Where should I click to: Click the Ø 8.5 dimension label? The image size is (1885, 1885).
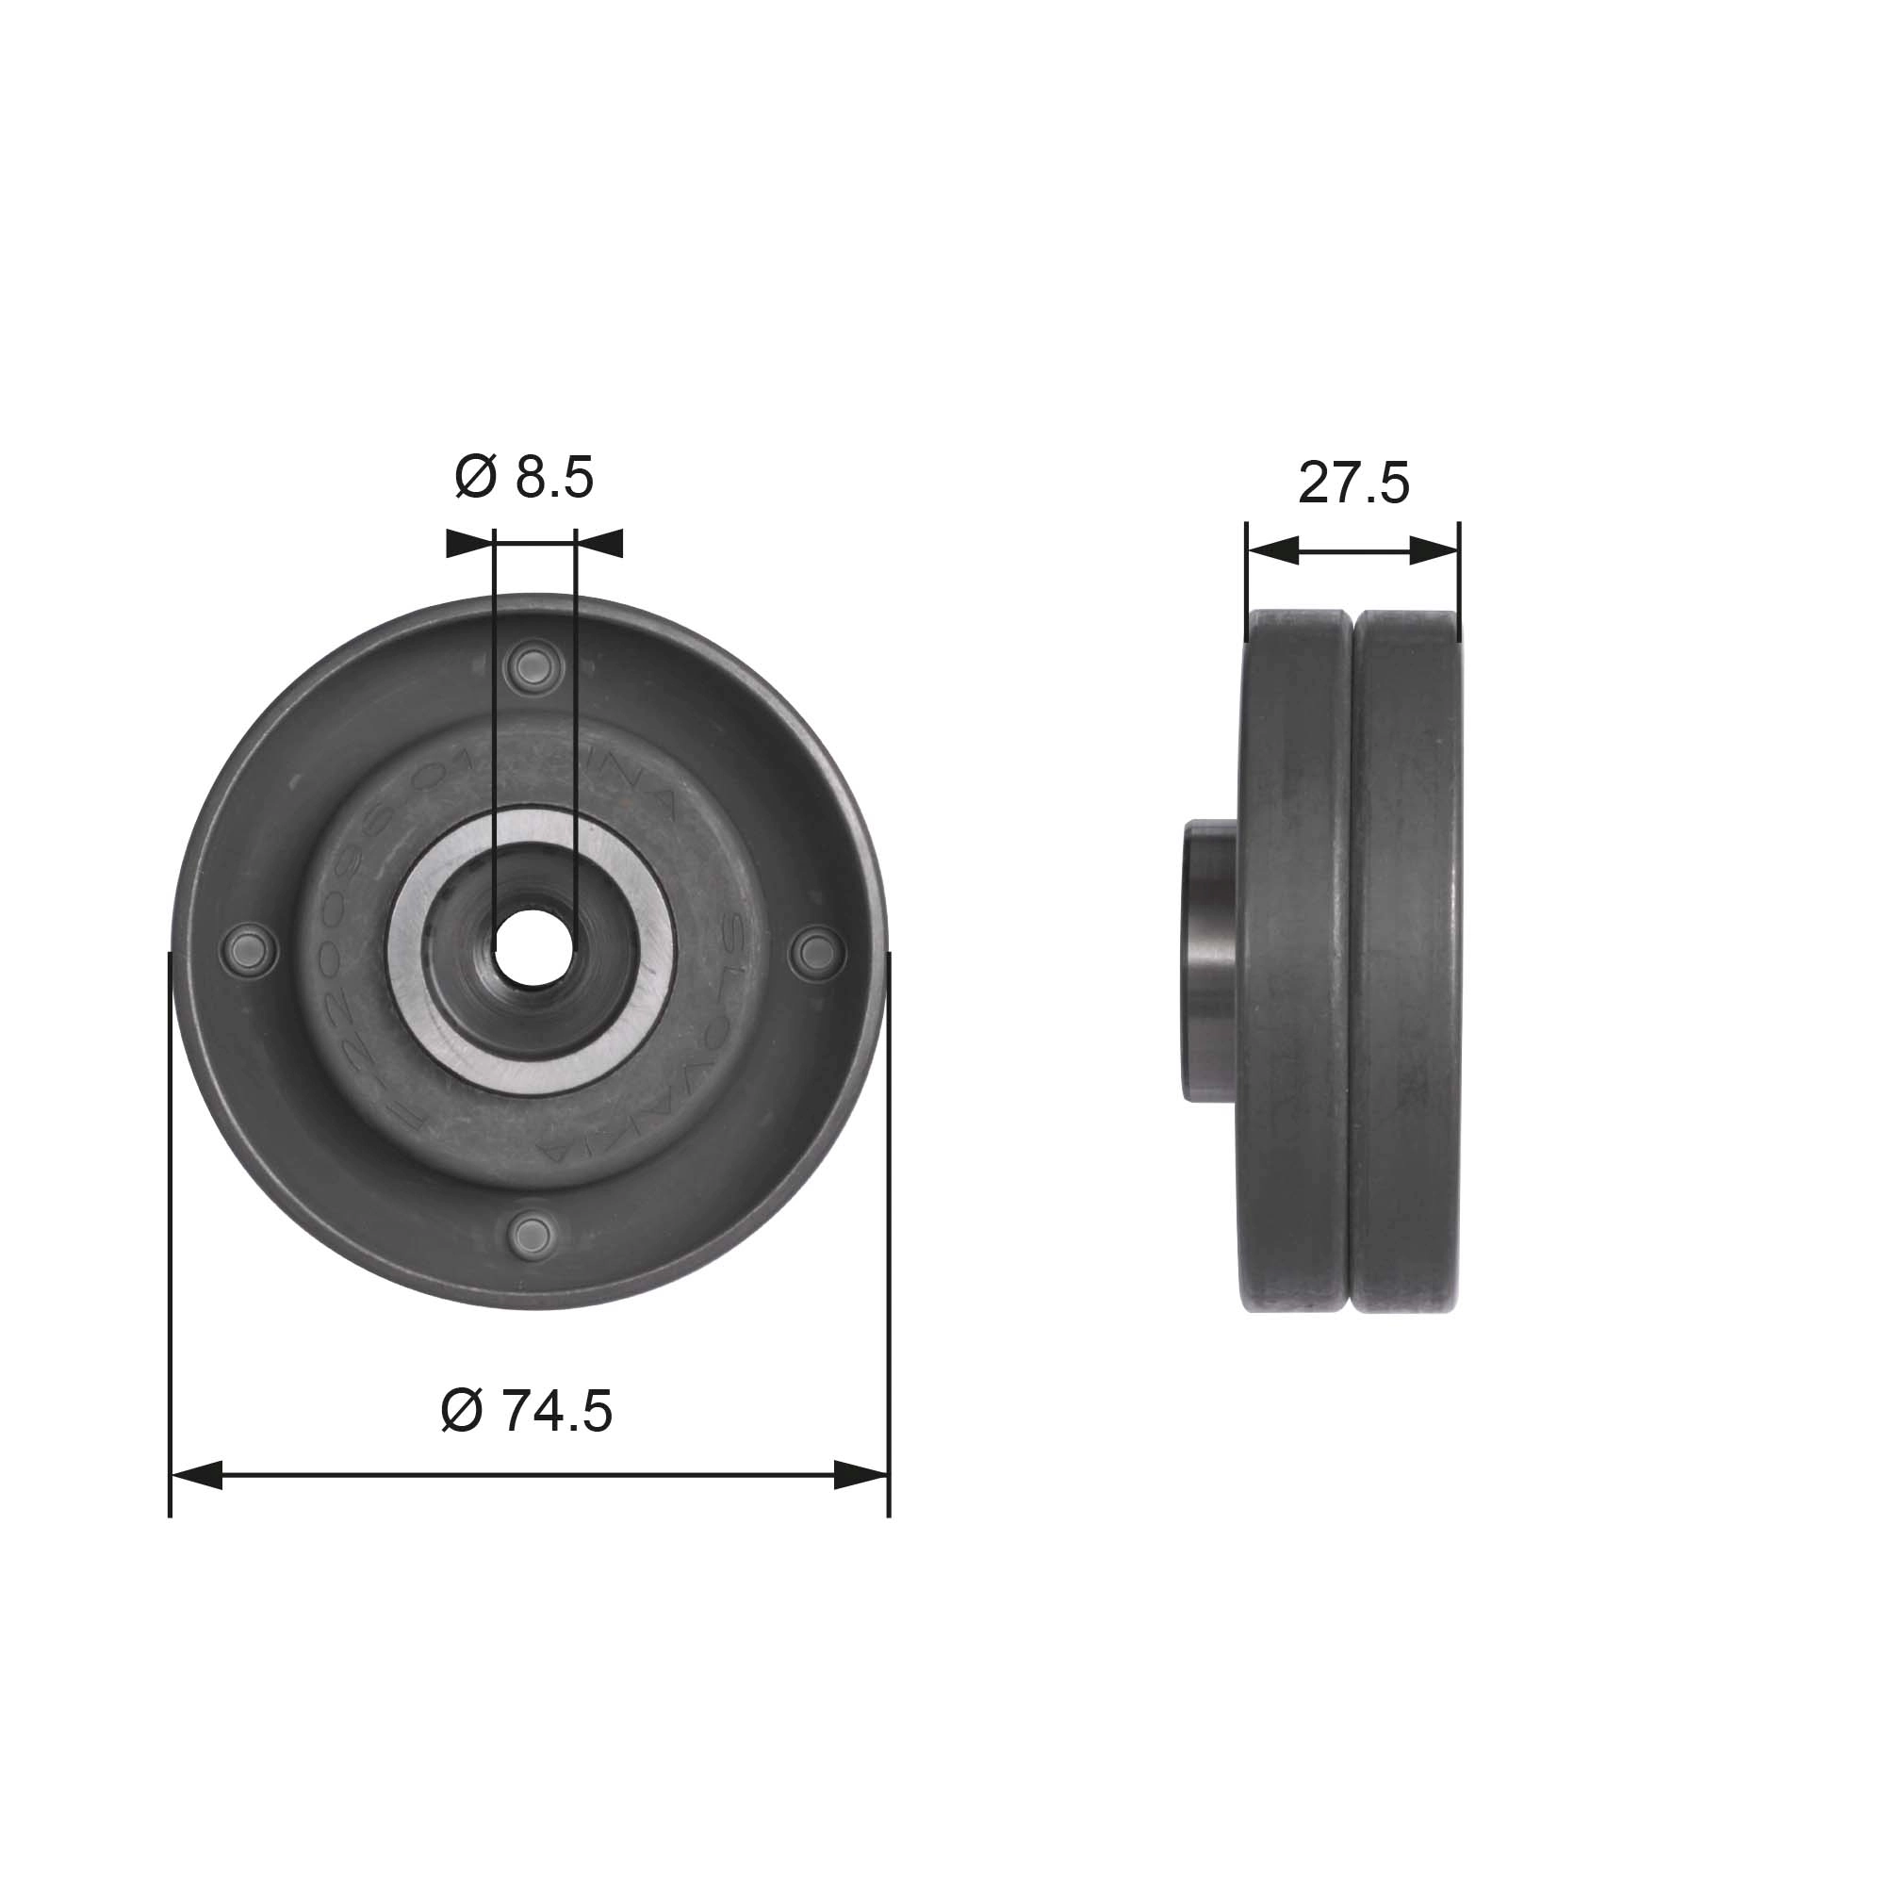point(524,478)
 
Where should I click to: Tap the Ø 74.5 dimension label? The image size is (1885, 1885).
point(526,1411)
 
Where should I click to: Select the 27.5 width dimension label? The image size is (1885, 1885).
point(1353,483)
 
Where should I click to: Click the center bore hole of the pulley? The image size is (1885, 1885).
point(533,947)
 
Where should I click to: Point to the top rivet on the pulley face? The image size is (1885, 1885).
point(533,668)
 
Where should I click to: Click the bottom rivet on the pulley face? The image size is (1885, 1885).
point(533,1233)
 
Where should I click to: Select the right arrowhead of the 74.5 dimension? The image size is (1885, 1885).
point(861,1475)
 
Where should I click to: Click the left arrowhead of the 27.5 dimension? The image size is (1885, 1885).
point(1272,550)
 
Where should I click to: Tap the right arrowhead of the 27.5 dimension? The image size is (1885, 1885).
point(1434,550)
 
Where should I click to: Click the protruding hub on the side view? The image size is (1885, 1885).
point(1211,962)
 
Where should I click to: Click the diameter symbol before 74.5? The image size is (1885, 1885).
point(462,1411)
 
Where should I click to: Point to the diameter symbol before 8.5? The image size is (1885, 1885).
point(475,478)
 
